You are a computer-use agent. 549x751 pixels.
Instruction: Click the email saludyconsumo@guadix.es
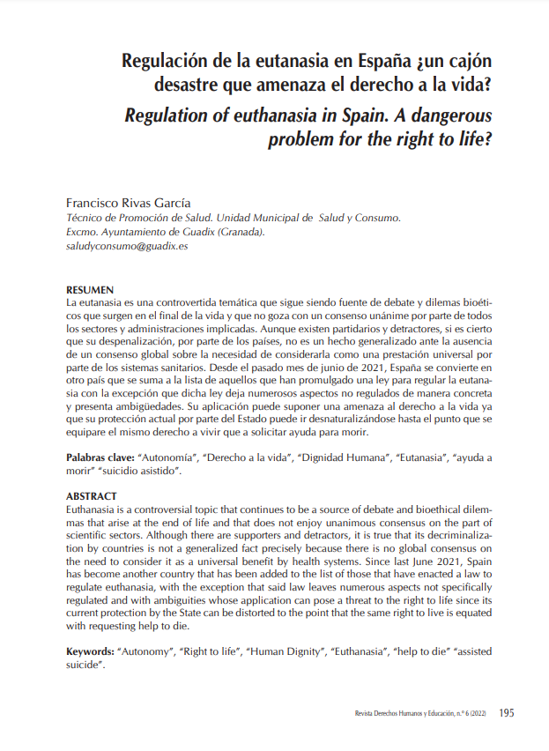click(x=128, y=247)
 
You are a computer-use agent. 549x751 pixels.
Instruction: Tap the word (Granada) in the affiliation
click(x=235, y=233)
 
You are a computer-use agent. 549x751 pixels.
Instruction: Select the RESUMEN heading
click(x=90, y=290)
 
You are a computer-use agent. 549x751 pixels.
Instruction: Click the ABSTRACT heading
click(x=92, y=496)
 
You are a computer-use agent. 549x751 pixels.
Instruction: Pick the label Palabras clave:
click(x=100, y=459)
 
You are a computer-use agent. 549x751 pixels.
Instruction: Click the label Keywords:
click(x=90, y=651)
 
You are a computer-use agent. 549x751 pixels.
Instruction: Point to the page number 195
click(x=507, y=713)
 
